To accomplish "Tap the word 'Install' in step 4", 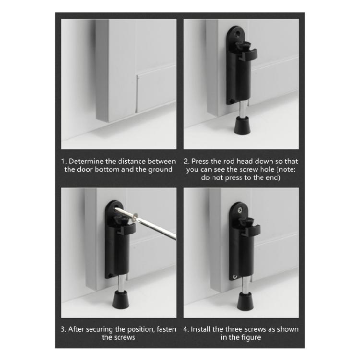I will tap(202, 329).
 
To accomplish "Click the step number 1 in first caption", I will tap(63, 161).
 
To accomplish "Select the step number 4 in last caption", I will tap(186, 329).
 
